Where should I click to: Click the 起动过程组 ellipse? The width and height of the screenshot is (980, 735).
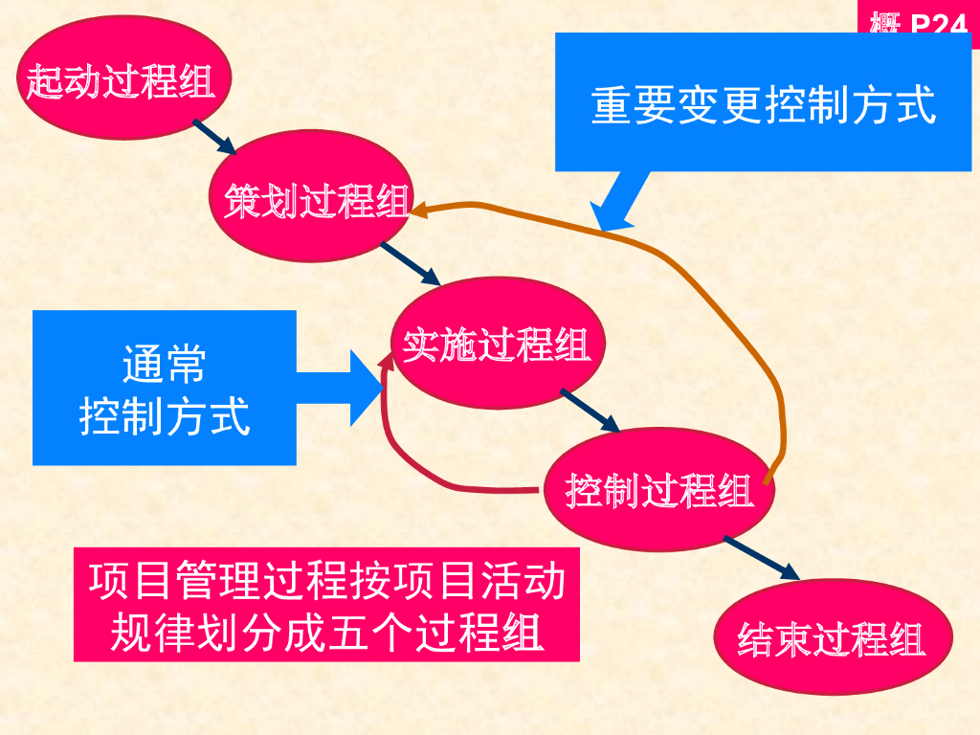[x=120, y=80]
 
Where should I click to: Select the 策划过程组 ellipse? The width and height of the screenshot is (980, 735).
[x=315, y=201]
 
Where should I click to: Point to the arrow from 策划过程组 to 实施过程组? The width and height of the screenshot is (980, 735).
[x=410, y=263]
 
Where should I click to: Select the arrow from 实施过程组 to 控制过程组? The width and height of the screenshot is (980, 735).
[x=590, y=410]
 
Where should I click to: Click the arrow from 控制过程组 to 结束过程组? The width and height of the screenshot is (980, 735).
[x=761, y=558]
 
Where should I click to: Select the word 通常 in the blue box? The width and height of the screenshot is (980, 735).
[x=164, y=365]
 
